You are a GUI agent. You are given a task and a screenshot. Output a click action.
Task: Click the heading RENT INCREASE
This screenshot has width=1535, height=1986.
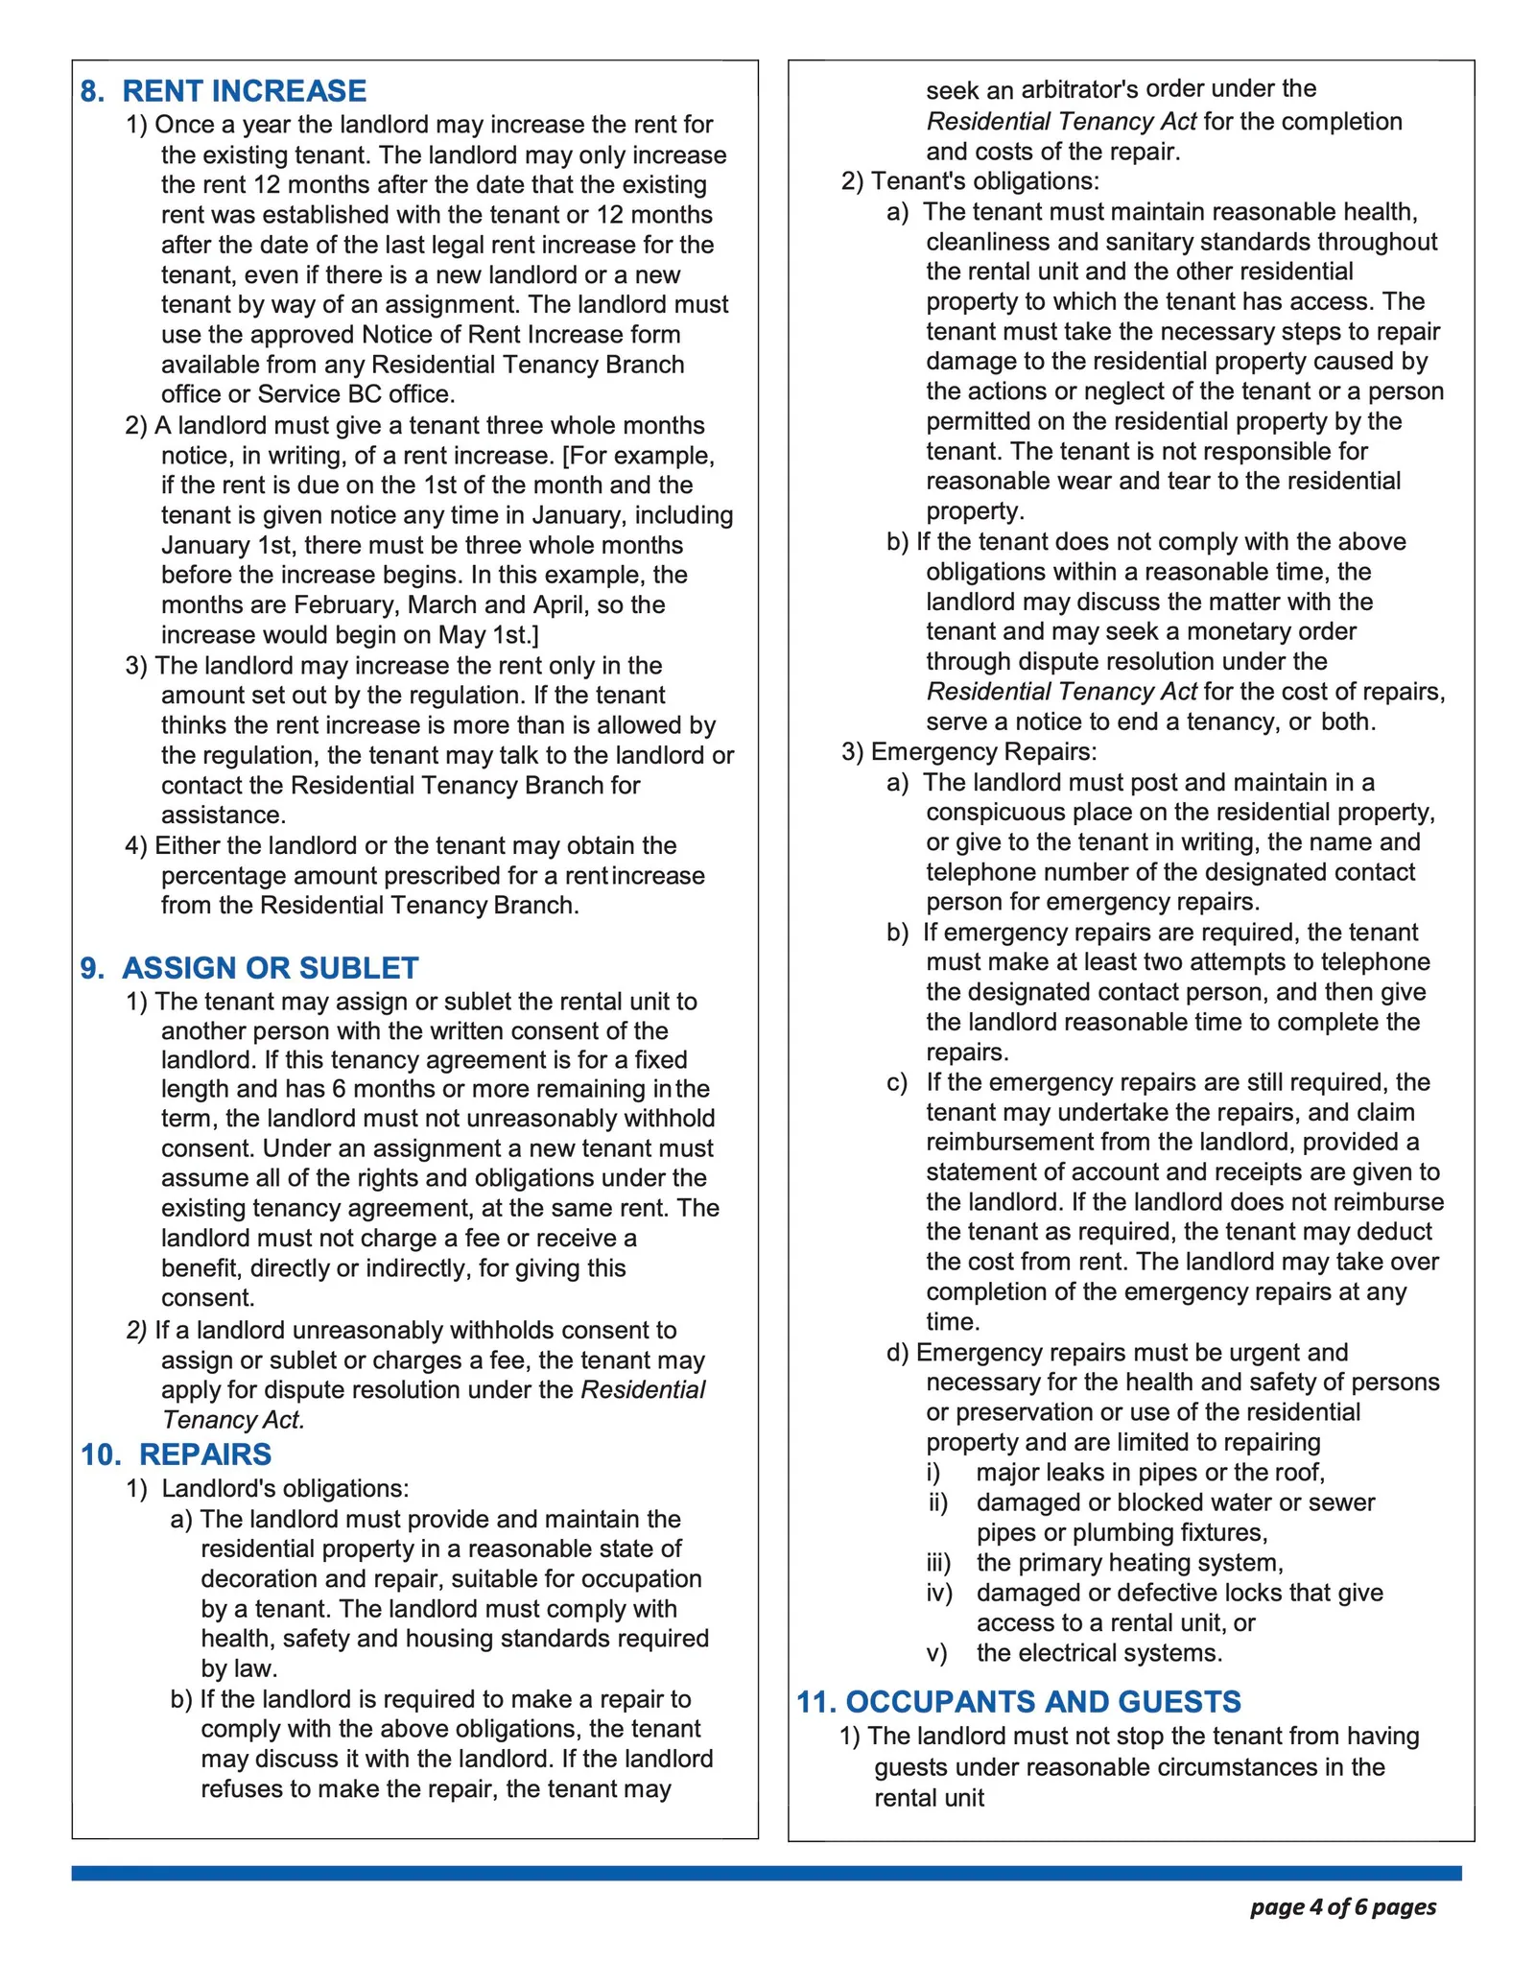pyautogui.click(x=244, y=91)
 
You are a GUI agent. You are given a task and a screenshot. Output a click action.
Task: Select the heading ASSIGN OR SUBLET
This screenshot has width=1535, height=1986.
pyautogui.click(x=270, y=968)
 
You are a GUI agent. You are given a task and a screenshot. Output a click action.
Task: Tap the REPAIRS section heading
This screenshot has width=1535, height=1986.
pyautogui.click(x=205, y=1454)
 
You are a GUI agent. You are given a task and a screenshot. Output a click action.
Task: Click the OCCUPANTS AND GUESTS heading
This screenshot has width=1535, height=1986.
pyautogui.click(x=1043, y=1702)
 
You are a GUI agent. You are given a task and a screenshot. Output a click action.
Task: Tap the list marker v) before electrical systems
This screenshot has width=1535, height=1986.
pyautogui.click(x=936, y=1653)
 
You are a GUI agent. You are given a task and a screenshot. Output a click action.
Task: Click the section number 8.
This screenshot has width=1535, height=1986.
pyautogui.click(x=91, y=91)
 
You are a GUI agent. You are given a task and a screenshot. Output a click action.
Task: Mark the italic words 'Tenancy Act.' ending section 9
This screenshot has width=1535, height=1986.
pyautogui.click(x=233, y=1420)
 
